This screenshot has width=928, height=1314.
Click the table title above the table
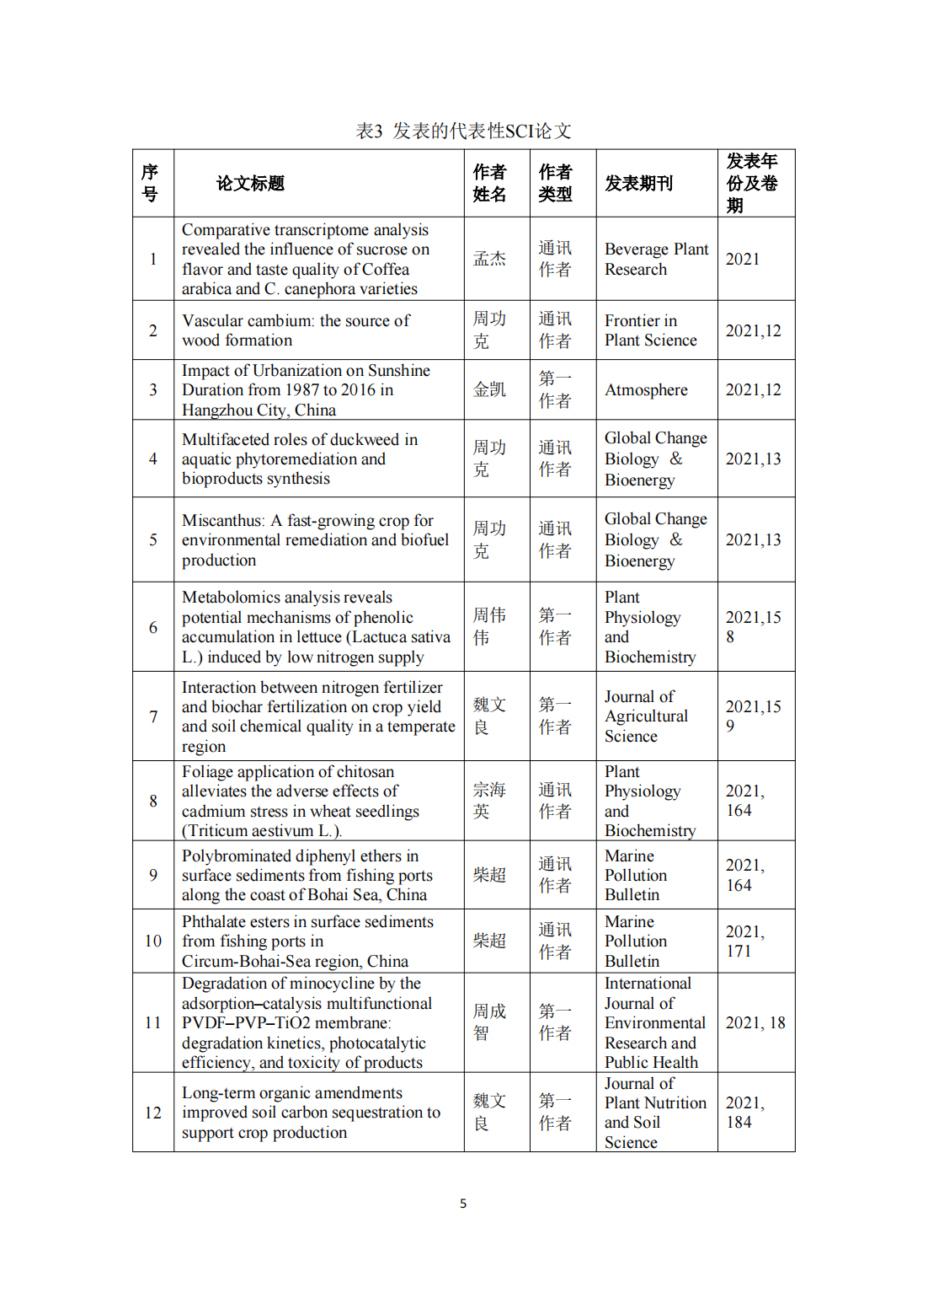pyautogui.click(x=463, y=131)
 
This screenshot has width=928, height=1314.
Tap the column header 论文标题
pyautogui.click(x=250, y=183)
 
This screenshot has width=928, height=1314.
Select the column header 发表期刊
pyautogui.click(x=638, y=183)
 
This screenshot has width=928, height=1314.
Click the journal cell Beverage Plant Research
pyautogui.click(x=656, y=259)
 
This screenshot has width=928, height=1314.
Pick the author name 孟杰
pyautogui.click(x=489, y=259)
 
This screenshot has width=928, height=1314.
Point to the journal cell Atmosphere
pyautogui.click(x=646, y=390)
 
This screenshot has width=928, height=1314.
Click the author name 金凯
pyautogui.click(x=489, y=390)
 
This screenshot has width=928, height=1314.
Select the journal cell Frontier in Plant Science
pyautogui.click(x=650, y=330)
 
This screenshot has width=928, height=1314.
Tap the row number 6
pyautogui.click(x=153, y=627)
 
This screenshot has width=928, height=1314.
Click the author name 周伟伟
pyautogui.click(x=488, y=626)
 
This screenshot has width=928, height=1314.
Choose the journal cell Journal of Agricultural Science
pyautogui.click(x=646, y=716)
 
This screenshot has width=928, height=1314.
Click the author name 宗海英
pyautogui.click(x=488, y=800)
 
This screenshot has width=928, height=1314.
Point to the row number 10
pyautogui.click(x=153, y=941)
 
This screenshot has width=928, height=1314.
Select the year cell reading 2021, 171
pyautogui.click(x=744, y=941)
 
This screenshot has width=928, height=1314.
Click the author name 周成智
pyautogui.click(x=488, y=1022)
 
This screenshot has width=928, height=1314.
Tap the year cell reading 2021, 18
pyautogui.click(x=755, y=1022)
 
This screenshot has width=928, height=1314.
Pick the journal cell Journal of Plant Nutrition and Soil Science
pyautogui.click(x=654, y=1113)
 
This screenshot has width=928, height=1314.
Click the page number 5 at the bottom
pyautogui.click(x=463, y=1204)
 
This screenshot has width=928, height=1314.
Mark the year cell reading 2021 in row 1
pyautogui.click(x=743, y=259)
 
